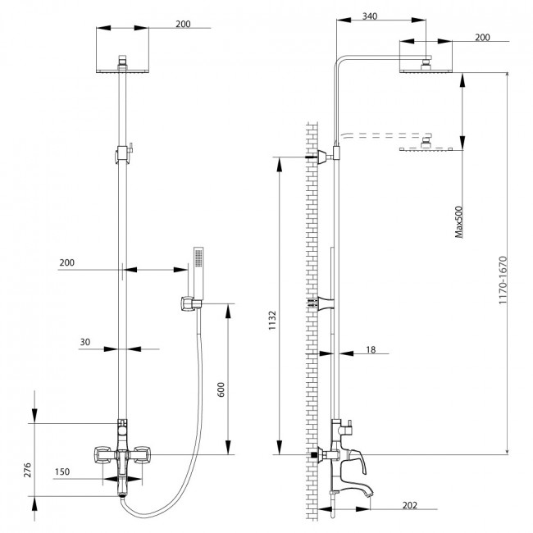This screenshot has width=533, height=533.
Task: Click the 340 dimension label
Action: (370, 16)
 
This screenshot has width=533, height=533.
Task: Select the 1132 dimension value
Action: (272, 320)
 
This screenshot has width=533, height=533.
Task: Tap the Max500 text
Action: (458, 221)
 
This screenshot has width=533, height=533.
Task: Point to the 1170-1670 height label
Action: (503, 280)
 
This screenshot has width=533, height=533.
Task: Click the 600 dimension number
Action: (221, 389)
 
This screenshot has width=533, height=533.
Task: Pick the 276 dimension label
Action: (28, 470)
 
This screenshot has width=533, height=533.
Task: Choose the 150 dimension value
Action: (62, 471)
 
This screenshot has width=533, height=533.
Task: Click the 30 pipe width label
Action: (85, 342)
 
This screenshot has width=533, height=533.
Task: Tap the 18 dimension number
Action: (371, 349)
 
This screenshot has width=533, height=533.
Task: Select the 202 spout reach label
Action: (410, 505)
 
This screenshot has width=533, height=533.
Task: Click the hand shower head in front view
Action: (198, 273)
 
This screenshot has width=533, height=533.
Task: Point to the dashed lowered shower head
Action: (426, 143)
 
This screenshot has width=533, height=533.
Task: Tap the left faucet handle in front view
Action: (102, 454)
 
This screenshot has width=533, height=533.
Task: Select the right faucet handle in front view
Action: (142, 454)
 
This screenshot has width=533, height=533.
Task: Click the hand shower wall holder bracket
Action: (188, 303)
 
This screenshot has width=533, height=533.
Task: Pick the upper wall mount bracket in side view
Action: (326, 157)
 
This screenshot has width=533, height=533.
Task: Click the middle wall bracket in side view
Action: (326, 303)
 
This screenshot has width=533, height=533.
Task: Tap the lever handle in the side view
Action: (357, 462)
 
